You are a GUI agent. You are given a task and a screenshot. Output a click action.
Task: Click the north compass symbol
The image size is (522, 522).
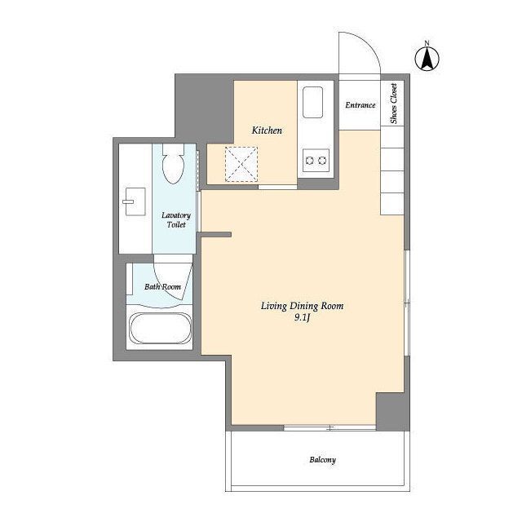(427, 59)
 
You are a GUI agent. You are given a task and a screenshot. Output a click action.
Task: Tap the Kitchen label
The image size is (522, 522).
(267, 130)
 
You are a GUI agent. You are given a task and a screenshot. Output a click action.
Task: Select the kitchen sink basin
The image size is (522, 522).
(312, 102)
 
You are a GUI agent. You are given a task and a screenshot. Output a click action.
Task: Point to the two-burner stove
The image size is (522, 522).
(316, 161)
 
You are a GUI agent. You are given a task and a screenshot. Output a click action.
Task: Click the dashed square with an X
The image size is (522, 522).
(241, 164)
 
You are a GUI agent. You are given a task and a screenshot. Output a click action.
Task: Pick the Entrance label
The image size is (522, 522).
(360, 105)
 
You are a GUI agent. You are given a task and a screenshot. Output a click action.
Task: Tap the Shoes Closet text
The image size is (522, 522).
(393, 104)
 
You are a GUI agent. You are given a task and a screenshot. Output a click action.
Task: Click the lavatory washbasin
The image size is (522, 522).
(135, 201)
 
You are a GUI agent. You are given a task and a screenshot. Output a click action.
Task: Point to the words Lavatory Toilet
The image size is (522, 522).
(176, 219)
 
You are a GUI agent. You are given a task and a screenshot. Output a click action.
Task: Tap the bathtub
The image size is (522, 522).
(161, 328)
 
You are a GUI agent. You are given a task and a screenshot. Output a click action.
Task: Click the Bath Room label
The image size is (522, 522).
(162, 286)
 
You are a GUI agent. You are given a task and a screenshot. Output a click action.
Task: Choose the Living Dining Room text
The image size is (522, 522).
(302, 306)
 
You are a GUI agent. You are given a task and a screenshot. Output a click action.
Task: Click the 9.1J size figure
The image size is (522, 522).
(302, 318)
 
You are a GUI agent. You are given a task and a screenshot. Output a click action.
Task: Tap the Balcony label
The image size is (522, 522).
(323, 460)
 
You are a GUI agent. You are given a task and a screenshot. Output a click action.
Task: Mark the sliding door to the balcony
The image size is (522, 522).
(330, 427)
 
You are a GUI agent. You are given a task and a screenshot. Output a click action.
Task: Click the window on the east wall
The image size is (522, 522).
(407, 303)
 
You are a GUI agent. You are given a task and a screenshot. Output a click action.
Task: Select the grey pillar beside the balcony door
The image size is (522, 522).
(393, 411)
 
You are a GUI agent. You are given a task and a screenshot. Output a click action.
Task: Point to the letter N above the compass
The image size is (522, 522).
(427, 43)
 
